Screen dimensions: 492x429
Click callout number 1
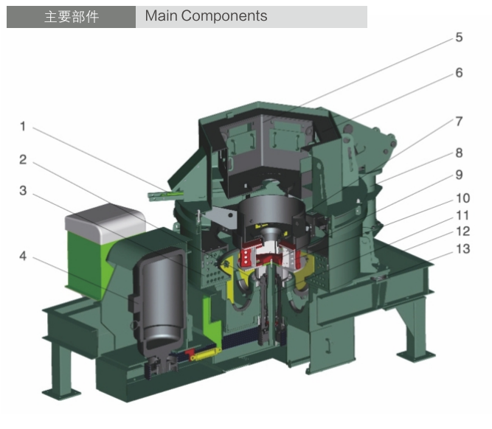click(x=23, y=126)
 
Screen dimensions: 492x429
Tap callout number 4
click(x=23, y=257)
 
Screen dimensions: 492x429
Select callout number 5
click(x=459, y=38)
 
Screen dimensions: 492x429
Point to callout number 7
click(x=459, y=122)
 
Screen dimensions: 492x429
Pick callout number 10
click(x=462, y=198)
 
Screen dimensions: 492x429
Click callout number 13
click(x=462, y=249)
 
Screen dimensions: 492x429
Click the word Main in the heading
click(x=162, y=15)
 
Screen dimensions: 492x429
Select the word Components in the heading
click(x=224, y=16)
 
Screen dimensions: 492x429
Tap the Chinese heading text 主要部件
click(x=72, y=17)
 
